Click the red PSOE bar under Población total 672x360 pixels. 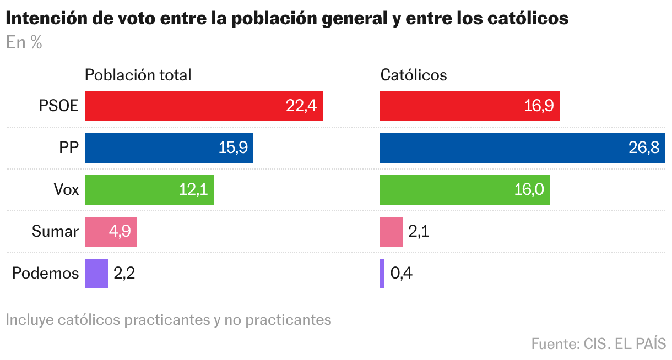(203, 106)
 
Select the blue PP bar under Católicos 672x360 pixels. (523, 148)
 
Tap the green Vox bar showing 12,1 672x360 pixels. (149, 190)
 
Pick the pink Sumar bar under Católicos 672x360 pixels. (391, 232)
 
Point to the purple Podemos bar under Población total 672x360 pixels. (96, 274)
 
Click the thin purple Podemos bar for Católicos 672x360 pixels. (382, 274)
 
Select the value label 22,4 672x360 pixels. (301, 106)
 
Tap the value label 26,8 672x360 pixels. (644, 148)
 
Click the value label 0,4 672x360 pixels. (401, 274)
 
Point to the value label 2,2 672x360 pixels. (124, 274)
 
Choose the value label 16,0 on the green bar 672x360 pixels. (529, 190)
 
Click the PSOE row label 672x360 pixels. (58, 106)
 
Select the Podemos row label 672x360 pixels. (46, 274)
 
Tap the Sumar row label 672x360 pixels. (55, 232)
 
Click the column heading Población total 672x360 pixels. (138, 75)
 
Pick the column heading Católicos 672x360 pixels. (414, 75)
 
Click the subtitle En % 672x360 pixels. (24, 43)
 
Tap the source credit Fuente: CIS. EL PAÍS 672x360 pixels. (598, 344)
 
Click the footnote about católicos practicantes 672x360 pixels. (169, 320)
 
